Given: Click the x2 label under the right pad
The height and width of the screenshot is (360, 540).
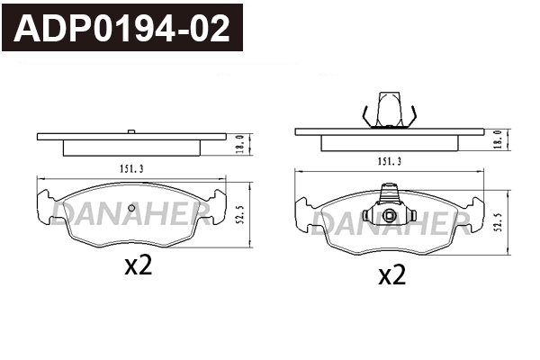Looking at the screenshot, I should point(391,275).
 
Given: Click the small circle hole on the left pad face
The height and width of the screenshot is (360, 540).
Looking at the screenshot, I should point(131,210).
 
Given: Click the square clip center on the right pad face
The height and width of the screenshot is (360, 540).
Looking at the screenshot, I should point(389,216).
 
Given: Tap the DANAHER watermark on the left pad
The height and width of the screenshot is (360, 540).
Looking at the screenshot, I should point(130,211).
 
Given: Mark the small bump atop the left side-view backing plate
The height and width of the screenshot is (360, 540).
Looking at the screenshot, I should point(132,132).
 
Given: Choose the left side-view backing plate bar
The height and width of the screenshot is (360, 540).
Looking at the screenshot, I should point(130,137).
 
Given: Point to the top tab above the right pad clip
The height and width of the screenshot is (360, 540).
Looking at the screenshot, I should point(390,192).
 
